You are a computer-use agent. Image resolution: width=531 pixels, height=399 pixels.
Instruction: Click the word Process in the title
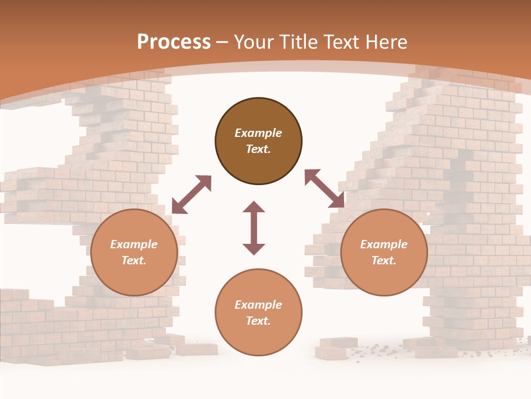point(174,42)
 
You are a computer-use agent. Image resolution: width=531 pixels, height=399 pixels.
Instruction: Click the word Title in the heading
point(298,42)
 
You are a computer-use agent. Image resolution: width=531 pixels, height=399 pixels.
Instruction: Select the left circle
point(134,252)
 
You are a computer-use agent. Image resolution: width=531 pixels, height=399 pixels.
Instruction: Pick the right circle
point(384,252)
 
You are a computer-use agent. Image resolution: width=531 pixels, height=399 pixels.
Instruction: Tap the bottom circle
point(258,312)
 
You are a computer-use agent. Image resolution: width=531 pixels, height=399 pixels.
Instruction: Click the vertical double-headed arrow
point(254,228)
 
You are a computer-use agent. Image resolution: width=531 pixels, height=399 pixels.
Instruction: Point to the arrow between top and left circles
point(191,195)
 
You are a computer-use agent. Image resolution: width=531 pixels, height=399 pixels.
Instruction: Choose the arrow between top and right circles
point(325,189)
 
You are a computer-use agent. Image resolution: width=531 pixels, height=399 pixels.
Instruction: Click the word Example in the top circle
point(258,133)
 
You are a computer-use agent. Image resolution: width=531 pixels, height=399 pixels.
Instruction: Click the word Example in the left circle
point(134,244)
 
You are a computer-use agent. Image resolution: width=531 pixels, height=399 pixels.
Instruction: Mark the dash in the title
point(222,42)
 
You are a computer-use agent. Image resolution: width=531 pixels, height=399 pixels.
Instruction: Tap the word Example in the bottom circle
point(258,305)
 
